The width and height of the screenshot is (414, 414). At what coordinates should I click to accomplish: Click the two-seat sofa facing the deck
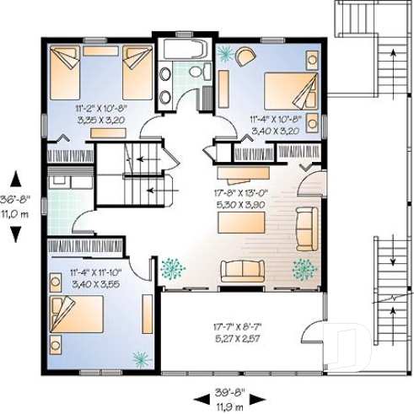tap(243, 270)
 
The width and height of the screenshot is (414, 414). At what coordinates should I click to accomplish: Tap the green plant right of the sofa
tap(302, 269)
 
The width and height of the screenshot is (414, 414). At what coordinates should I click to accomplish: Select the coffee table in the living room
tap(241, 223)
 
